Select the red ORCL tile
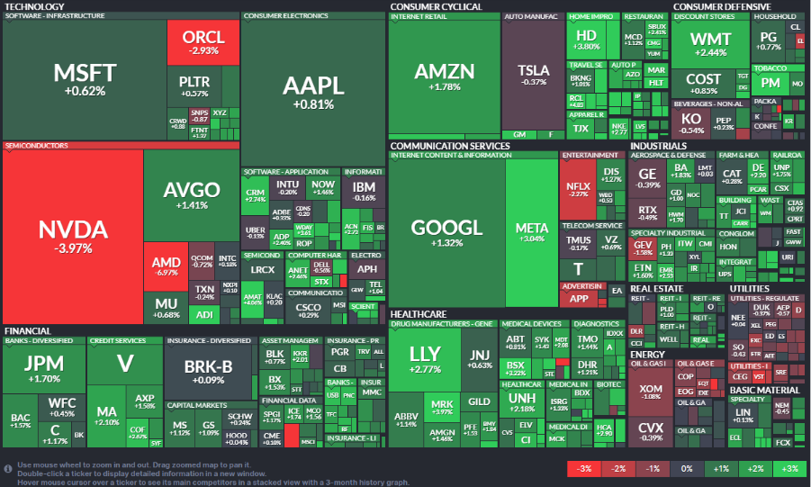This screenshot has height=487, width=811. click(x=203, y=41)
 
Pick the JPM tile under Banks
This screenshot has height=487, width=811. click(x=43, y=369)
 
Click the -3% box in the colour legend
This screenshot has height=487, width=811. click(x=584, y=469)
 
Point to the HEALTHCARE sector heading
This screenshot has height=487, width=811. click(x=420, y=314)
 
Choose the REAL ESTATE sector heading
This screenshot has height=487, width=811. click(x=657, y=288)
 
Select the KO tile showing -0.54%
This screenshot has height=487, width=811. click(x=690, y=122)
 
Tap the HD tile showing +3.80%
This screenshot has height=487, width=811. click(x=586, y=40)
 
